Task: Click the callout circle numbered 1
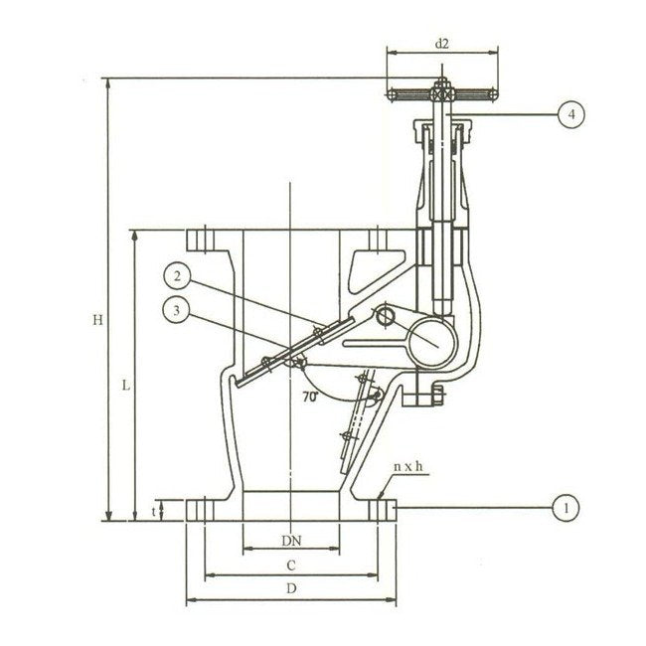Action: (566, 508)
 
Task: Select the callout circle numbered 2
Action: (177, 275)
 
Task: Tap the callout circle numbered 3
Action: (176, 310)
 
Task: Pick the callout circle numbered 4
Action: (571, 114)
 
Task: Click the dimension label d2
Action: (441, 44)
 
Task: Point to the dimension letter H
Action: (97, 320)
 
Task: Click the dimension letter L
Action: (126, 386)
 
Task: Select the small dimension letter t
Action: (154, 512)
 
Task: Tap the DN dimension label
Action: (291, 541)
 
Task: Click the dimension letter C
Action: (291, 565)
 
